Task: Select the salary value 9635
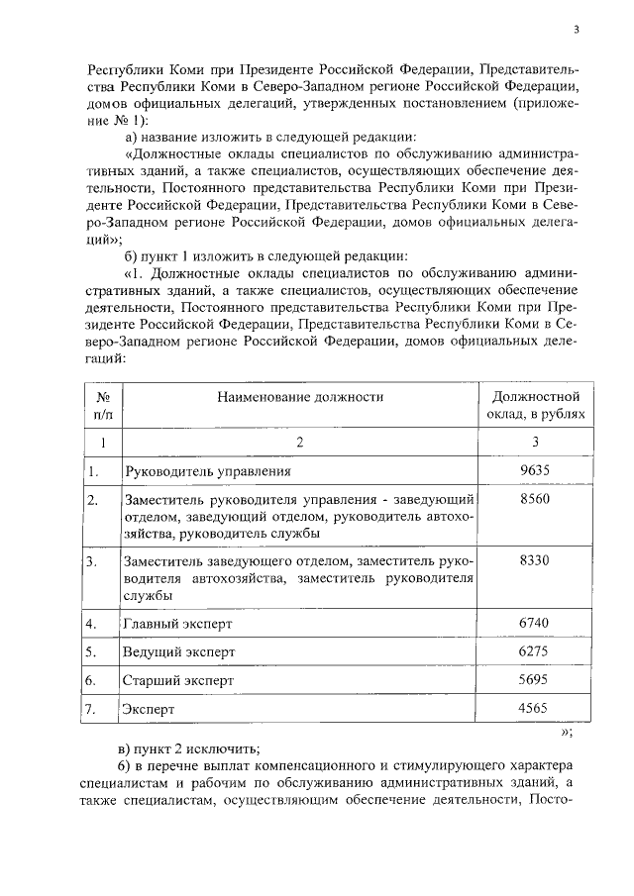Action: point(534,470)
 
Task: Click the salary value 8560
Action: point(534,500)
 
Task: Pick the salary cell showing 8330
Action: point(534,560)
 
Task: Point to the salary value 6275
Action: point(534,651)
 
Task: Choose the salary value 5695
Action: point(534,680)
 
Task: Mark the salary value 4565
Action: point(534,709)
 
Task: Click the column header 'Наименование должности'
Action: point(300,396)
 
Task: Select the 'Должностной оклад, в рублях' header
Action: point(534,405)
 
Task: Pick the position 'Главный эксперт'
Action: point(176,624)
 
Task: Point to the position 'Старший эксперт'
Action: point(178,681)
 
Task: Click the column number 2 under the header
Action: point(300,441)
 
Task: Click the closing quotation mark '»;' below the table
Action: point(567,733)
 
